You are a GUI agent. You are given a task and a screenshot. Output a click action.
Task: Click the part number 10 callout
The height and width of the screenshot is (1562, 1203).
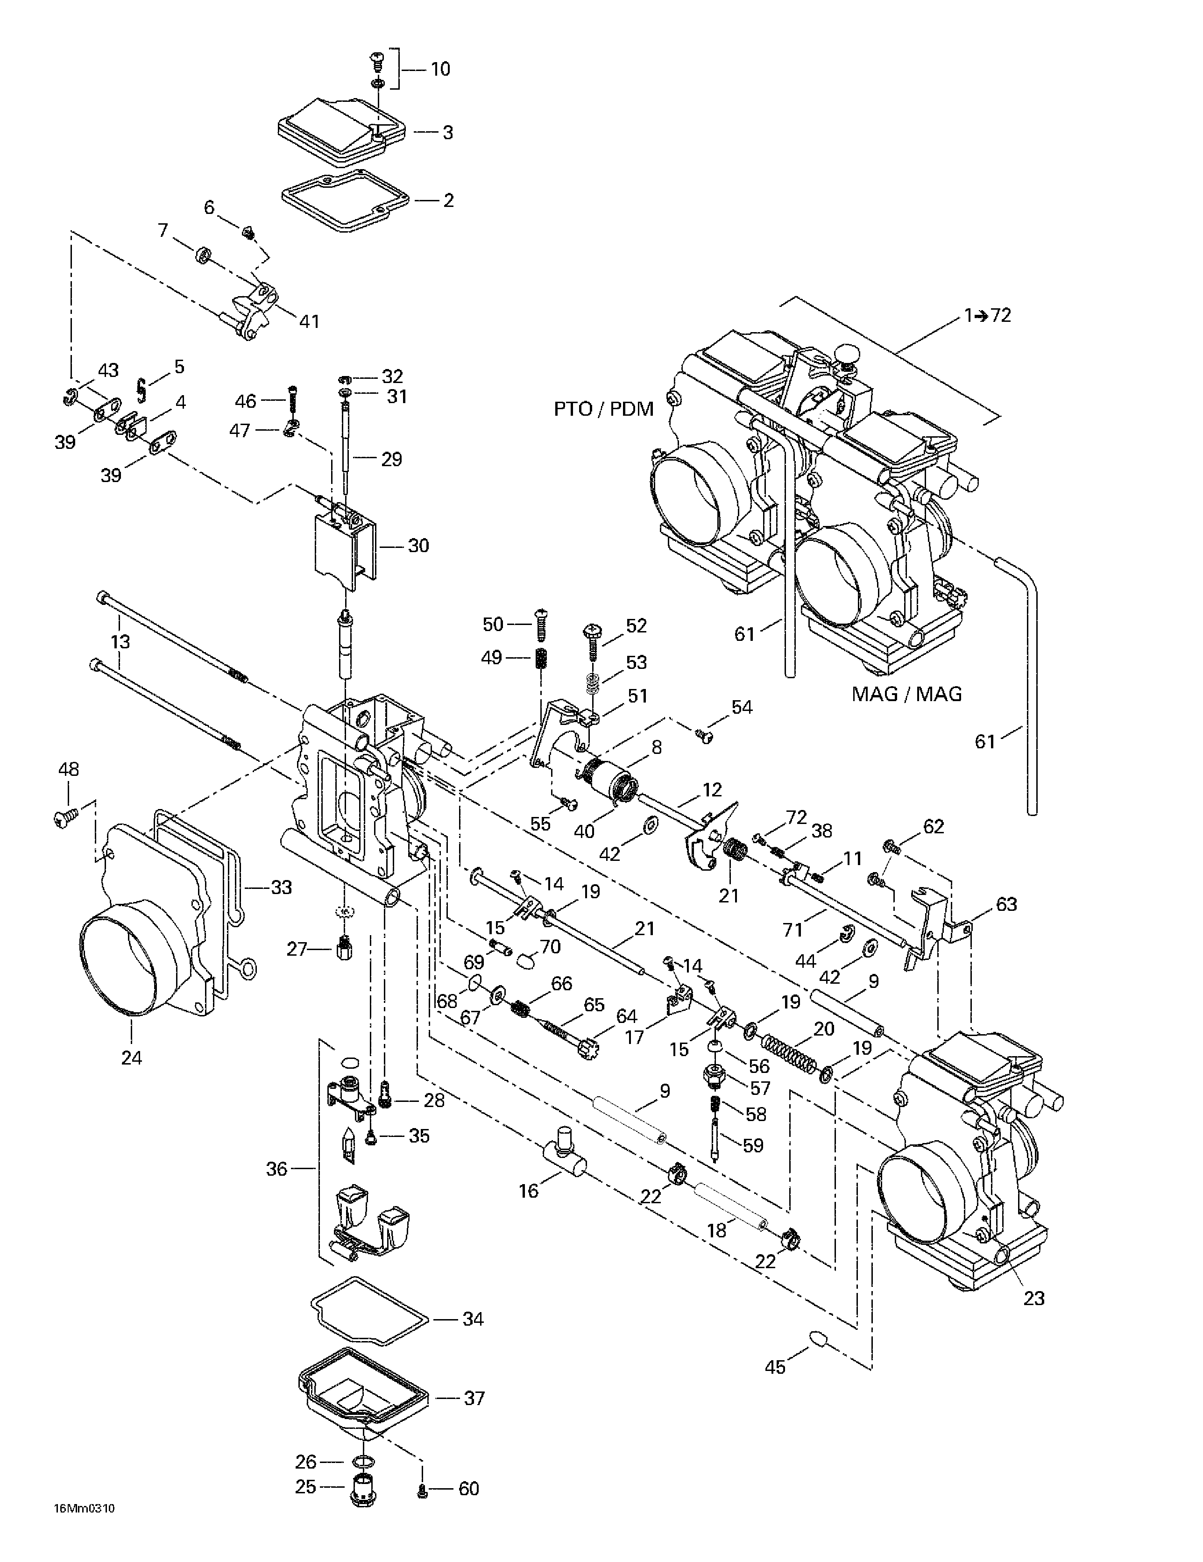tap(440, 70)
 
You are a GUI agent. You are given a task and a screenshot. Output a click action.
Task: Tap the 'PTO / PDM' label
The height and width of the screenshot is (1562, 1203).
tap(604, 409)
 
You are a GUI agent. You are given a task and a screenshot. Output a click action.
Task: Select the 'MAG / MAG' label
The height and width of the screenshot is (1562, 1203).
tap(907, 694)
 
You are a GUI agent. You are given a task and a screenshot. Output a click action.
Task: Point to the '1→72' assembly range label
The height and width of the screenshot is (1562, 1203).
tap(988, 315)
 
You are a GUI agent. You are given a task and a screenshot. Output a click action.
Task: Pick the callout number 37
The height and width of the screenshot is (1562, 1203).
tap(474, 1398)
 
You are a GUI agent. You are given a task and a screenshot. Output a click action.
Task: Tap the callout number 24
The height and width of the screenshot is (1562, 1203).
tap(132, 1057)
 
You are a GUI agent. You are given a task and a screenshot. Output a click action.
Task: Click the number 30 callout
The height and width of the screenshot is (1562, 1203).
tap(418, 546)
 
